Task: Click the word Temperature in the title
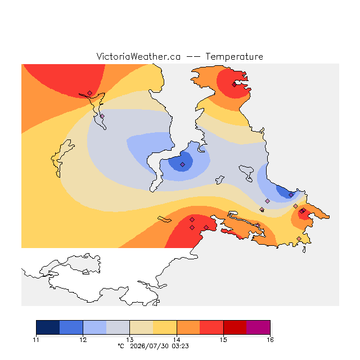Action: [234, 57]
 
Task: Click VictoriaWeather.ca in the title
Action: [138, 57]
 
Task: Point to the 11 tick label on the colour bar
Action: [36, 340]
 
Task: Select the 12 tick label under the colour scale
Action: [83, 340]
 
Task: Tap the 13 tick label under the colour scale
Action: [130, 340]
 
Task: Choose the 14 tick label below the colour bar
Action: [177, 340]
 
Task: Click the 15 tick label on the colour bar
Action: [223, 340]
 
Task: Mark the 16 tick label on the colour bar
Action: [270, 340]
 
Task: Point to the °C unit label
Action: [121, 346]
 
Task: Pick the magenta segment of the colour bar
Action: [258, 327]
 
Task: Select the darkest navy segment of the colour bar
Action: [48, 327]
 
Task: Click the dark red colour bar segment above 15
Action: [235, 327]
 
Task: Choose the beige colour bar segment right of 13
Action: [141, 327]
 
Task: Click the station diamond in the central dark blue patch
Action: [182, 164]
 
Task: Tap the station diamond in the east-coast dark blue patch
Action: [291, 195]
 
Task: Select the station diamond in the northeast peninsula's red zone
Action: [234, 85]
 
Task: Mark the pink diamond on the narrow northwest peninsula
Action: [102, 116]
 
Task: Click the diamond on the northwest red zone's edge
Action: [90, 93]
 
